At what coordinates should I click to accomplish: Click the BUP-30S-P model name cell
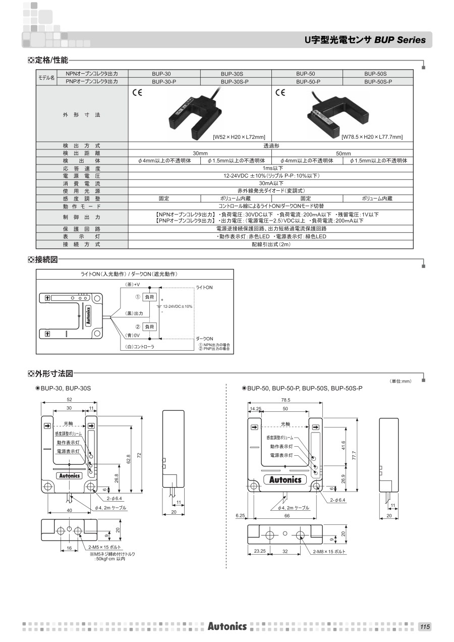[x=236, y=81]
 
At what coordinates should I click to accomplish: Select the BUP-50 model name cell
[x=307, y=74]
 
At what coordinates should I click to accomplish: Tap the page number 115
[x=425, y=626]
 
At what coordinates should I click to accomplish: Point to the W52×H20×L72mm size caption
[x=239, y=137]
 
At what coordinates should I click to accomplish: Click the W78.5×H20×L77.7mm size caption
[x=372, y=137]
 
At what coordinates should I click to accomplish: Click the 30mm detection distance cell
[x=200, y=153]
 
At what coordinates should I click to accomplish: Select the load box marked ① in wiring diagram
[x=150, y=297]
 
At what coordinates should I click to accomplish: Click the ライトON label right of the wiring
[x=204, y=287]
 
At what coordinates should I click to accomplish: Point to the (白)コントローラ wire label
[x=139, y=347]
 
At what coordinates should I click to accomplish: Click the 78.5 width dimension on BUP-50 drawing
[x=285, y=400]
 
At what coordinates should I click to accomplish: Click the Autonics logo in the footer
[x=227, y=626]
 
